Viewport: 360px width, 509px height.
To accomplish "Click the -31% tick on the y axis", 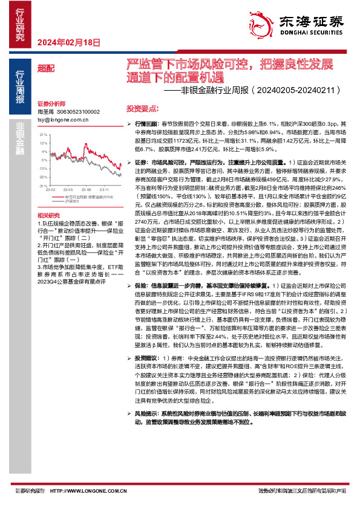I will click(x=42, y=186).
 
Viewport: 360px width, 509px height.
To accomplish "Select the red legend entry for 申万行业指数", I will click(x=79, y=196).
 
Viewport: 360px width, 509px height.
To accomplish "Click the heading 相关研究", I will click(x=48, y=216).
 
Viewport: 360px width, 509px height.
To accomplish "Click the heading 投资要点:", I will click(x=142, y=107).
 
